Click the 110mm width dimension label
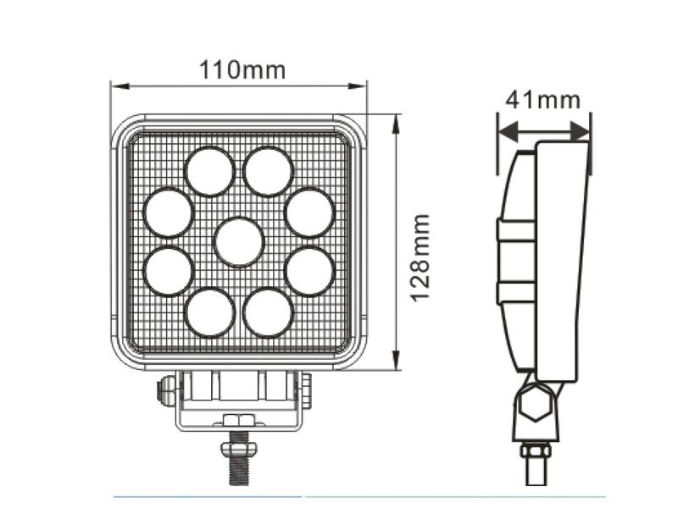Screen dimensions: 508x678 242,69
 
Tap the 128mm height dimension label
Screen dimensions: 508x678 420,257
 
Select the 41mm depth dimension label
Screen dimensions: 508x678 542,100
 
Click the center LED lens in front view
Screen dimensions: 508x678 238,241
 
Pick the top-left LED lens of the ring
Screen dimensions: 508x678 209,171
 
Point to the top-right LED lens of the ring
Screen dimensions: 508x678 268,171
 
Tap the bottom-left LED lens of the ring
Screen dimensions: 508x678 209,312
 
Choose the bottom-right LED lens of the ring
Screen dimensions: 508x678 268,312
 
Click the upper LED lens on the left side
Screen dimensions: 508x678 168,212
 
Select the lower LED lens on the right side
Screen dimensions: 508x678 309,271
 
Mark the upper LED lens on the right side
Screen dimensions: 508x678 309,212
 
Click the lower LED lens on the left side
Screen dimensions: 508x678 168,271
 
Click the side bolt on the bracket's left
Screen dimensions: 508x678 166,390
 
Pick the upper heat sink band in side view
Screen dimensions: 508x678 515,229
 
